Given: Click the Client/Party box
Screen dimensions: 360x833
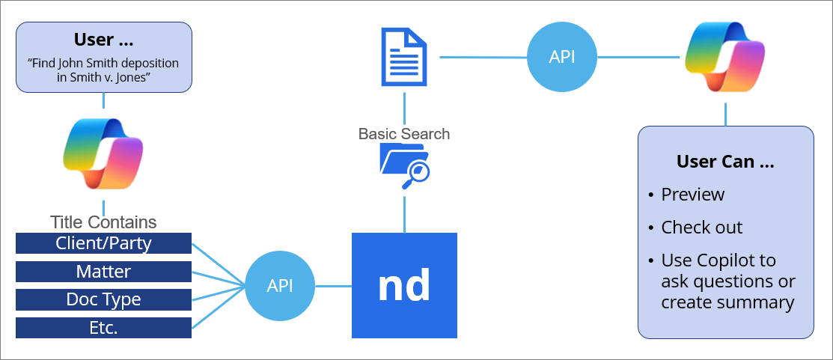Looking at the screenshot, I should point(103,243).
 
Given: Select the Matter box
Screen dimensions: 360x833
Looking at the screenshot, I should point(103,272).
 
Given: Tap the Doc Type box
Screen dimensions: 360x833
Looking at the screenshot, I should point(103,299).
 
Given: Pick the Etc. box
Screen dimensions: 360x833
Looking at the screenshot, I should point(103,328).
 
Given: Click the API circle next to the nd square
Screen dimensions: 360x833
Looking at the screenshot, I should point(280,286).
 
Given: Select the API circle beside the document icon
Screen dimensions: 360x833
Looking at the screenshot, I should point(562,57).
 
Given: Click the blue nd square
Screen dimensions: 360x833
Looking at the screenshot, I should point(404,285).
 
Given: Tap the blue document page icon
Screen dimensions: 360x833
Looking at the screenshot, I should point(404,58).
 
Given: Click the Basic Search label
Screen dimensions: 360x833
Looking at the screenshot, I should point(404,134).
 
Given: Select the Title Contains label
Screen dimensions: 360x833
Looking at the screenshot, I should point(103,222).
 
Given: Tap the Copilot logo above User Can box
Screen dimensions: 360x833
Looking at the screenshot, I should point(725,58).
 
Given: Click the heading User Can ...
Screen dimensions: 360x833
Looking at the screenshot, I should point(725,162).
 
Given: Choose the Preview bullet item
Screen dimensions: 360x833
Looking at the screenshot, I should point(692,195).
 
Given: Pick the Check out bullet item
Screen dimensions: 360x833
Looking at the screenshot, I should point(701,228).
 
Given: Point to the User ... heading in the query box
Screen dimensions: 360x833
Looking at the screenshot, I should point(103,40).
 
